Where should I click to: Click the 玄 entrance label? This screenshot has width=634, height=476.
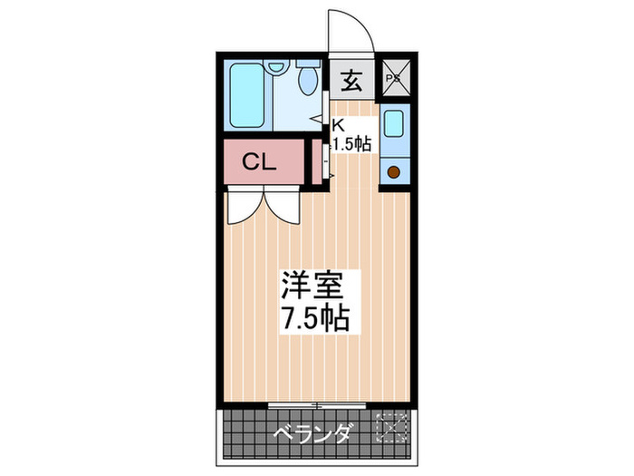click(351, 81)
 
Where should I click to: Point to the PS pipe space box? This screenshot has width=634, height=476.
click(394, 79)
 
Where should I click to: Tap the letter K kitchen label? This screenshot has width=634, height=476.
click(338, 125)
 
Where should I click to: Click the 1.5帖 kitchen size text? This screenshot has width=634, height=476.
click(351, 143)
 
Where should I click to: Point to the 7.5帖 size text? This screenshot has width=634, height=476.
click(312, 319)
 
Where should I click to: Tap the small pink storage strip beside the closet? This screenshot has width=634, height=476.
click(316, 162)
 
